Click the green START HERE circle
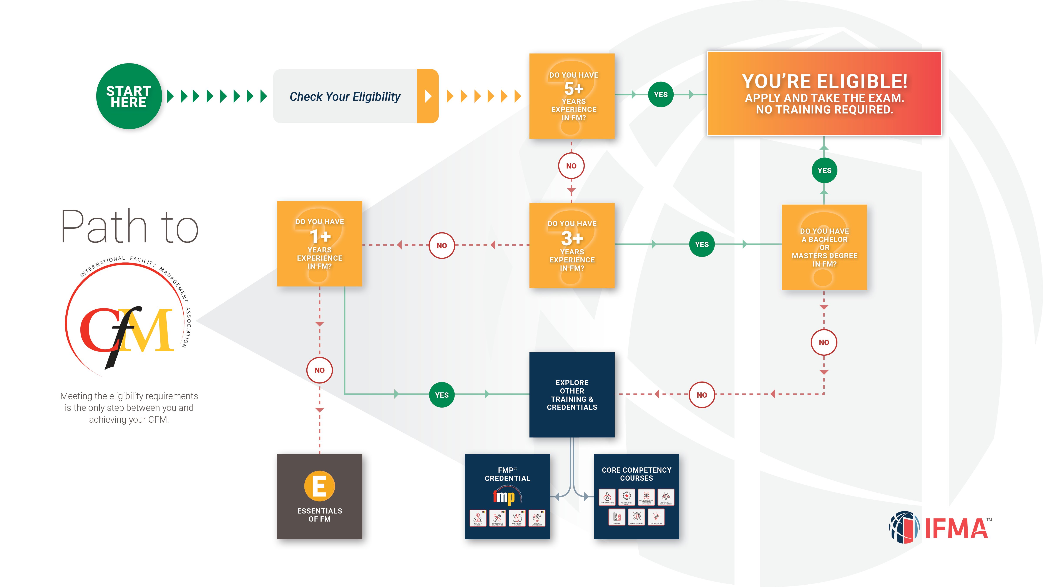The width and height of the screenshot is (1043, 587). point(129,96)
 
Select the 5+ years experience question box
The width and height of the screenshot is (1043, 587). point(572,96)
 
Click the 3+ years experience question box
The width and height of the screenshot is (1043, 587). point(572,245)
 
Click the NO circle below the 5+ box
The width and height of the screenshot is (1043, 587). point(571,166)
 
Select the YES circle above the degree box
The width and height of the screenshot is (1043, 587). point(824,170)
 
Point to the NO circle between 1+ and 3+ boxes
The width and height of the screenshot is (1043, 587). point(442,245)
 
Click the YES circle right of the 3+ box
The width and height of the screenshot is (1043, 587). point(702,244)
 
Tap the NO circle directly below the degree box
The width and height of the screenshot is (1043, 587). point(824,342)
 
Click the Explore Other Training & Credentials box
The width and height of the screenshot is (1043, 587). point(572,395)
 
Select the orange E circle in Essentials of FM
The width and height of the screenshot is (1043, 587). point(319,486)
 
